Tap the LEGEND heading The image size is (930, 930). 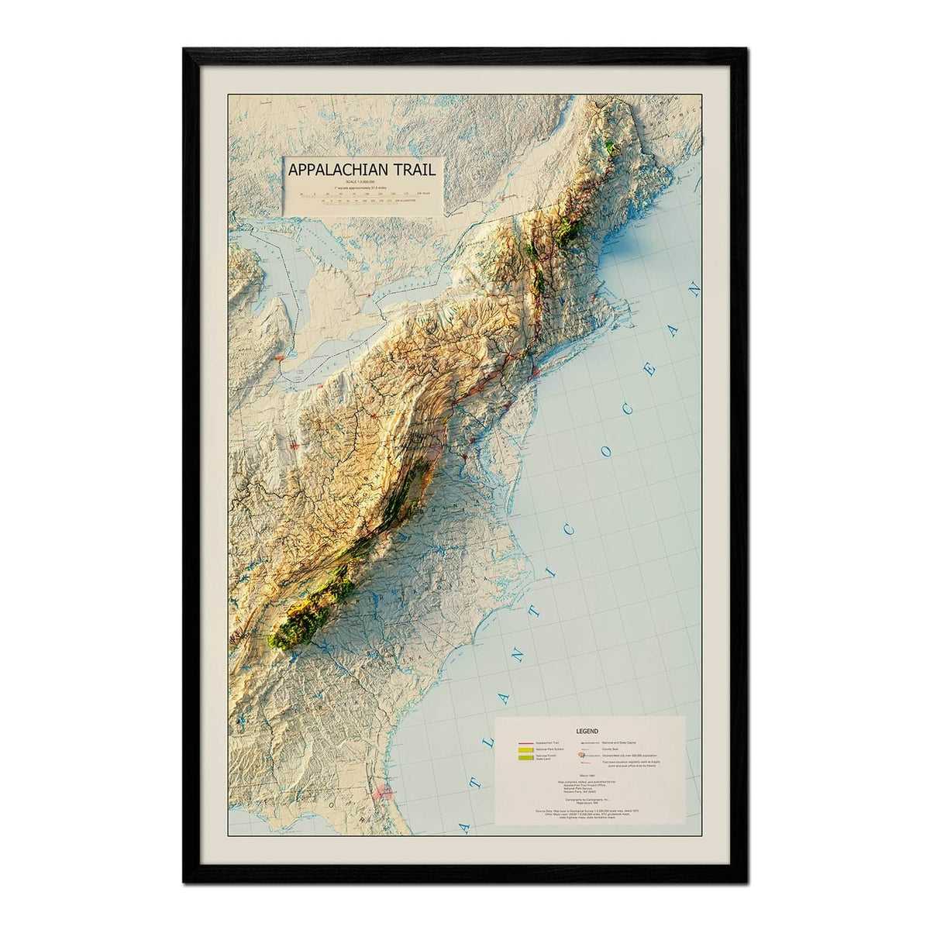point(587,730)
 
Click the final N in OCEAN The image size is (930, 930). point(695,292)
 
